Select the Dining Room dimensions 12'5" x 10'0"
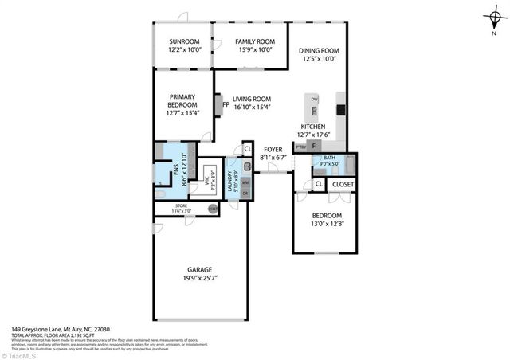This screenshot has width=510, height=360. coord(319,59)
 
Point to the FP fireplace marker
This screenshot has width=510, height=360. coord(226,104)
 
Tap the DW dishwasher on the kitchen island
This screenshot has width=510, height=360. coord(315,99)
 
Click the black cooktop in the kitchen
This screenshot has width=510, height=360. coord(340,110)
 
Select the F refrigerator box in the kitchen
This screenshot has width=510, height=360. coord(315,147)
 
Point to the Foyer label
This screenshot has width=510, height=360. coord(273,149)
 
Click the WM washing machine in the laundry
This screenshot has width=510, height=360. coord(245,182)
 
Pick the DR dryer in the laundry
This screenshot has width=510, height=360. coord(245,193)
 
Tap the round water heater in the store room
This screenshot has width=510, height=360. coord(212,209)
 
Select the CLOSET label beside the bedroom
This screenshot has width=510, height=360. coord(343,185)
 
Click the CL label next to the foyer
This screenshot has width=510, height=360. coord(248,148)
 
